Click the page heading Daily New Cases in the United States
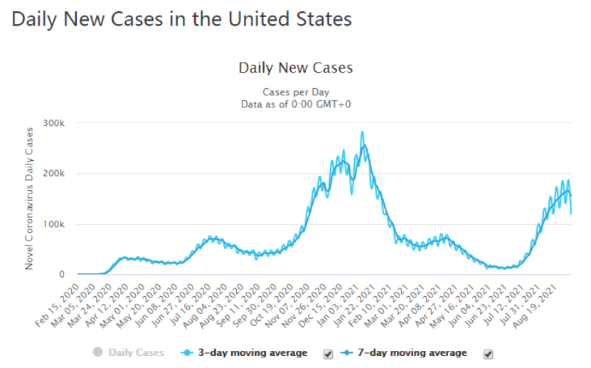point(182,19)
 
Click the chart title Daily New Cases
point(295,68)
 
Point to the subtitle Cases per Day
point(295,92)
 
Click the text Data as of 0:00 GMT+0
point(295,104)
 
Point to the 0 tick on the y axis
point(62,275)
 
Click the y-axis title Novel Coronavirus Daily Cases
point(30,198)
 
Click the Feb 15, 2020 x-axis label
point(60,304)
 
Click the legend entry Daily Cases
point(135,353)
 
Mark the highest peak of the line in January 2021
point(363,132)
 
